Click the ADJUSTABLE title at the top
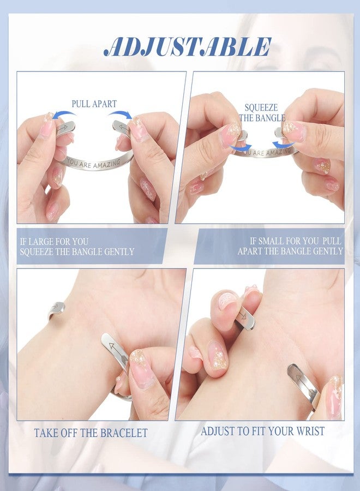[x=188, y=47]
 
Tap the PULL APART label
[x=94, y=104]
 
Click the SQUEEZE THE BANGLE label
[x=262, y=113]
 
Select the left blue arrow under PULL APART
[x=64, y=115]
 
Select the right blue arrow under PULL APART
[x=121, y=115]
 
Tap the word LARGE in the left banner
[x=41, y=242]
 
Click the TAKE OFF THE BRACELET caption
[x=91, y=433]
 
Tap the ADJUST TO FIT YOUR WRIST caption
[x=262, y=431]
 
